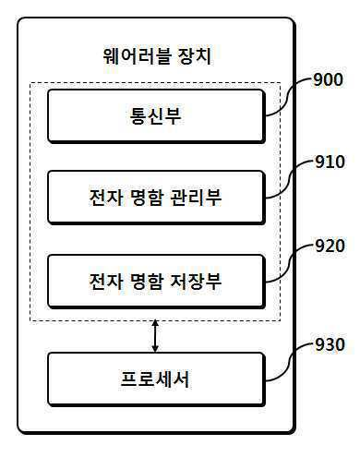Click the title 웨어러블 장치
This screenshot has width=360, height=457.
157,56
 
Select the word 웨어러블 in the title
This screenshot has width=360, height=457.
137,56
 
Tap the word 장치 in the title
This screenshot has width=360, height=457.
195,56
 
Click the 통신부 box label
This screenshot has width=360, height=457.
155,115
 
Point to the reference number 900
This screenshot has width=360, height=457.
329,79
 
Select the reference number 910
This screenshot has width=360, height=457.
330,162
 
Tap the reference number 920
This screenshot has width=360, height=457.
330,246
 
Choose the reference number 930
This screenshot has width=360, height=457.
330,344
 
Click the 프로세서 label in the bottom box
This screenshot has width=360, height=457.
155,379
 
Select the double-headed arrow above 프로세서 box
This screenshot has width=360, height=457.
155,336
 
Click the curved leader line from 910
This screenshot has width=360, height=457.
289,179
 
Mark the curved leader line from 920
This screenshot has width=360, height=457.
289,263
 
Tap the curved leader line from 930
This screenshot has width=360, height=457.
289,363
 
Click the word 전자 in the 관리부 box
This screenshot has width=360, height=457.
106,197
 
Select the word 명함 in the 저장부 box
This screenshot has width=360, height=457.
147,281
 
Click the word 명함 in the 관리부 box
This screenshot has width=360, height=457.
147,197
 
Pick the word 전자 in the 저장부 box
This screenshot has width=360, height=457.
106,281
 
